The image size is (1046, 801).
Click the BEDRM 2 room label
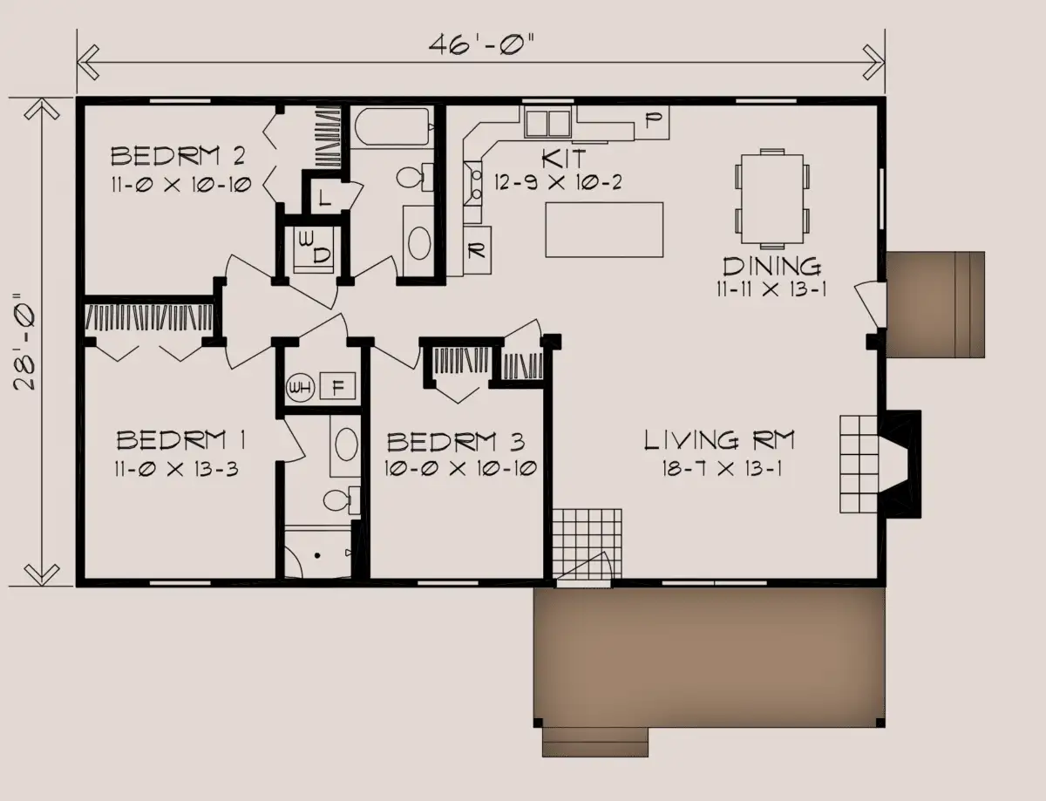pos(178,156)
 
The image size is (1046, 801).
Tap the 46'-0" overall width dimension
pos(481,45)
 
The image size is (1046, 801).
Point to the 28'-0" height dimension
pos(25,342)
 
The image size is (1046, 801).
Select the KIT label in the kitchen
pos(564,160)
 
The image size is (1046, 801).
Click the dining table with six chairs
pos(772,199)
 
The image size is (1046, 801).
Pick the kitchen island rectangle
pos(604,229)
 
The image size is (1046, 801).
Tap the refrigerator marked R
pos(477,249)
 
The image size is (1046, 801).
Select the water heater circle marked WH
pos(301,387)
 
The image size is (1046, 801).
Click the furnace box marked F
pos(338,386)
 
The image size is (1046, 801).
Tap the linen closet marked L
pos(325,197)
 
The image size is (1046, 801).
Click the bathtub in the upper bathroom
pos(392,126)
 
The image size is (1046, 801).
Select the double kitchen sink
pos(547,123)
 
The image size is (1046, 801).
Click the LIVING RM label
pos(719,440)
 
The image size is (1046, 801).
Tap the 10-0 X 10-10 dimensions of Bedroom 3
pos(460,468)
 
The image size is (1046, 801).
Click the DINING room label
pos(772,266)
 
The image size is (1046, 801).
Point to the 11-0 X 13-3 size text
pos(176,469)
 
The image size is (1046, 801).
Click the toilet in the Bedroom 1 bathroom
pos(342,500)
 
